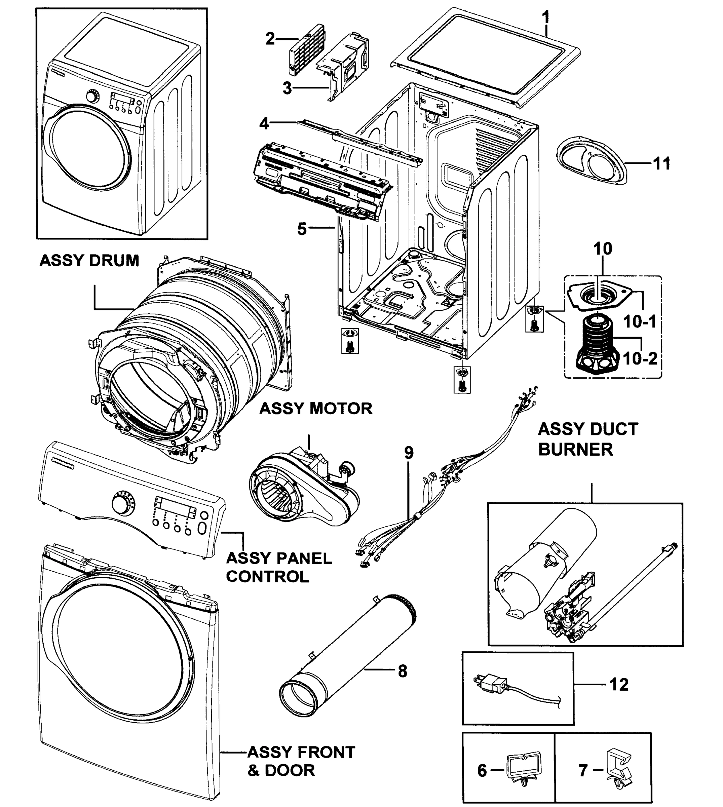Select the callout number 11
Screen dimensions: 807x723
(x=661, y=163)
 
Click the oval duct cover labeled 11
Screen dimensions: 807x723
(x=592, y=161)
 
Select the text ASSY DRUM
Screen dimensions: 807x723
(x=89, y=261)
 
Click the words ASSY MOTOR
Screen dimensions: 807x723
(x=316, y=408)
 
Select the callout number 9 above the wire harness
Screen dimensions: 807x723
(x=409, y=452)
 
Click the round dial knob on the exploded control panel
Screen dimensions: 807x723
(x=120, y=504)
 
